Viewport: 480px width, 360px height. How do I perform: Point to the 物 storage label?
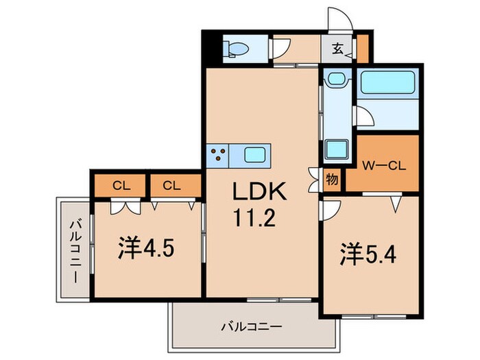tap(332, 180)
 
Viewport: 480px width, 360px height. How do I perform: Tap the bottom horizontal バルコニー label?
tap(251, 326)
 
